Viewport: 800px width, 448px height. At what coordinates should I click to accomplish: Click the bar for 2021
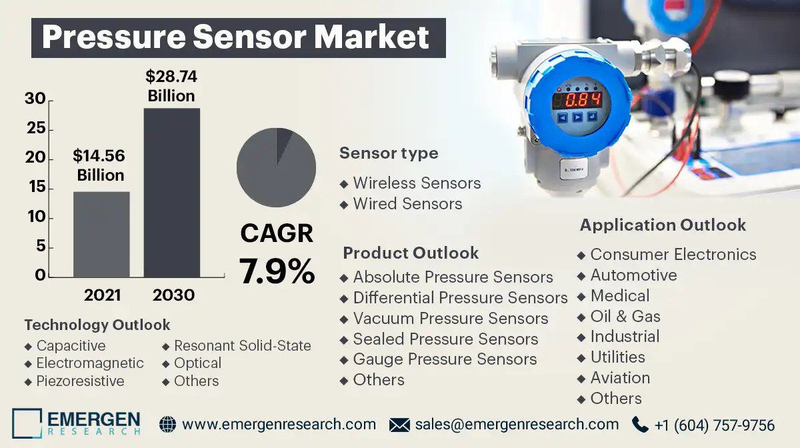pos(101,235)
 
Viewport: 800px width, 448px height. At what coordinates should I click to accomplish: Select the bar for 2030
pos(172,193)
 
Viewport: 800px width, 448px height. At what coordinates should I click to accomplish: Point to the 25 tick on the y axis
pos(36,128)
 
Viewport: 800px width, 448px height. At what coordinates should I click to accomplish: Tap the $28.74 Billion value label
pos(171,86)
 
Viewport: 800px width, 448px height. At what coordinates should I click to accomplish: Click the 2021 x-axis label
pos(102,295)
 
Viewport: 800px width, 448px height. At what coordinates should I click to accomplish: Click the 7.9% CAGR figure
pos(277,271)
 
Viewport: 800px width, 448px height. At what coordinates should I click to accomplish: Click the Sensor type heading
pos(389,153)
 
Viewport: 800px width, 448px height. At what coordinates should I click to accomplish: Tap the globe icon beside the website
pos(167,425)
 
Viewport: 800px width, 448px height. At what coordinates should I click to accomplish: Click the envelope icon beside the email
pos(399,425)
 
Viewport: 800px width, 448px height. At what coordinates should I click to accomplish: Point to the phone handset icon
pos(639,425)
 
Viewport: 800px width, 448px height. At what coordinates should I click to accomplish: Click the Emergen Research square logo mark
pos(27,423)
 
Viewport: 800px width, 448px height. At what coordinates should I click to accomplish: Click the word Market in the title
pos(371,37)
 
